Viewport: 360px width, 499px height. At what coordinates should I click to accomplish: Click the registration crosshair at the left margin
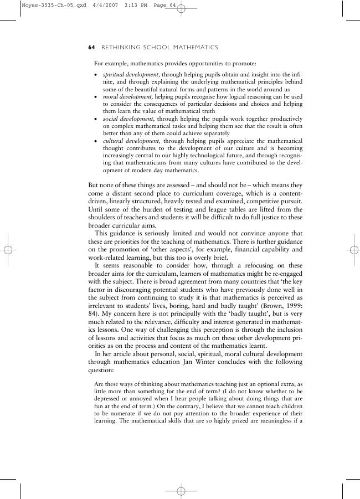8,250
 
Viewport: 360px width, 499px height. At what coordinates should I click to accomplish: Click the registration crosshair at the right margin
352,250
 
